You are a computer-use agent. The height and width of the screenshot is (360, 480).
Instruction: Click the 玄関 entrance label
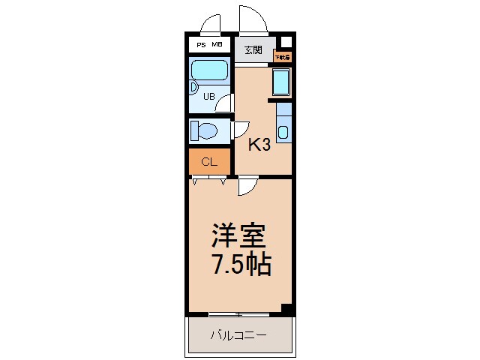pos(253,50)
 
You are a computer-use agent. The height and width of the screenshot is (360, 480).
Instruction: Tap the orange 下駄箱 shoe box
pos(281,55)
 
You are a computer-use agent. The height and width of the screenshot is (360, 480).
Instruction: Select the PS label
pos(200,46)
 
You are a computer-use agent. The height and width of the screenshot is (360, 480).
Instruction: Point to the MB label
pos(216,46)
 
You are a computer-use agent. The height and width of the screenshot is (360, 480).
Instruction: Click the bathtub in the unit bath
pos(209,70)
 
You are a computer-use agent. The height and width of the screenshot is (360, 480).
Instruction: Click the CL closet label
pos(209,160)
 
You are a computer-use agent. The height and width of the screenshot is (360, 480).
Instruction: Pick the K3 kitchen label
pos(259,145)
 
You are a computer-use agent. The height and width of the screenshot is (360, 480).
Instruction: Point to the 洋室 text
pos(238,237)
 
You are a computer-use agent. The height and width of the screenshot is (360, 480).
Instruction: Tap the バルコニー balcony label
pos(238,334)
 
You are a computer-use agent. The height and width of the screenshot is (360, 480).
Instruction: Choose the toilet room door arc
pos(241,130)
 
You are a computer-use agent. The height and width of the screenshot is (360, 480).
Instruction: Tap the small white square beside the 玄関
pos(285,42)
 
